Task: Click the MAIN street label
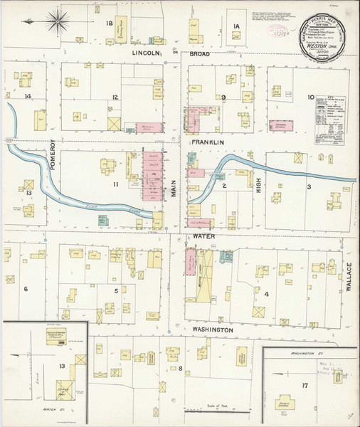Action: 173,188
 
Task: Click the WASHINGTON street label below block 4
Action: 211,331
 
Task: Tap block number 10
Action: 311,97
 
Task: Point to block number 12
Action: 114,97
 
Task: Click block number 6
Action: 25,288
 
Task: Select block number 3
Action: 308,187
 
